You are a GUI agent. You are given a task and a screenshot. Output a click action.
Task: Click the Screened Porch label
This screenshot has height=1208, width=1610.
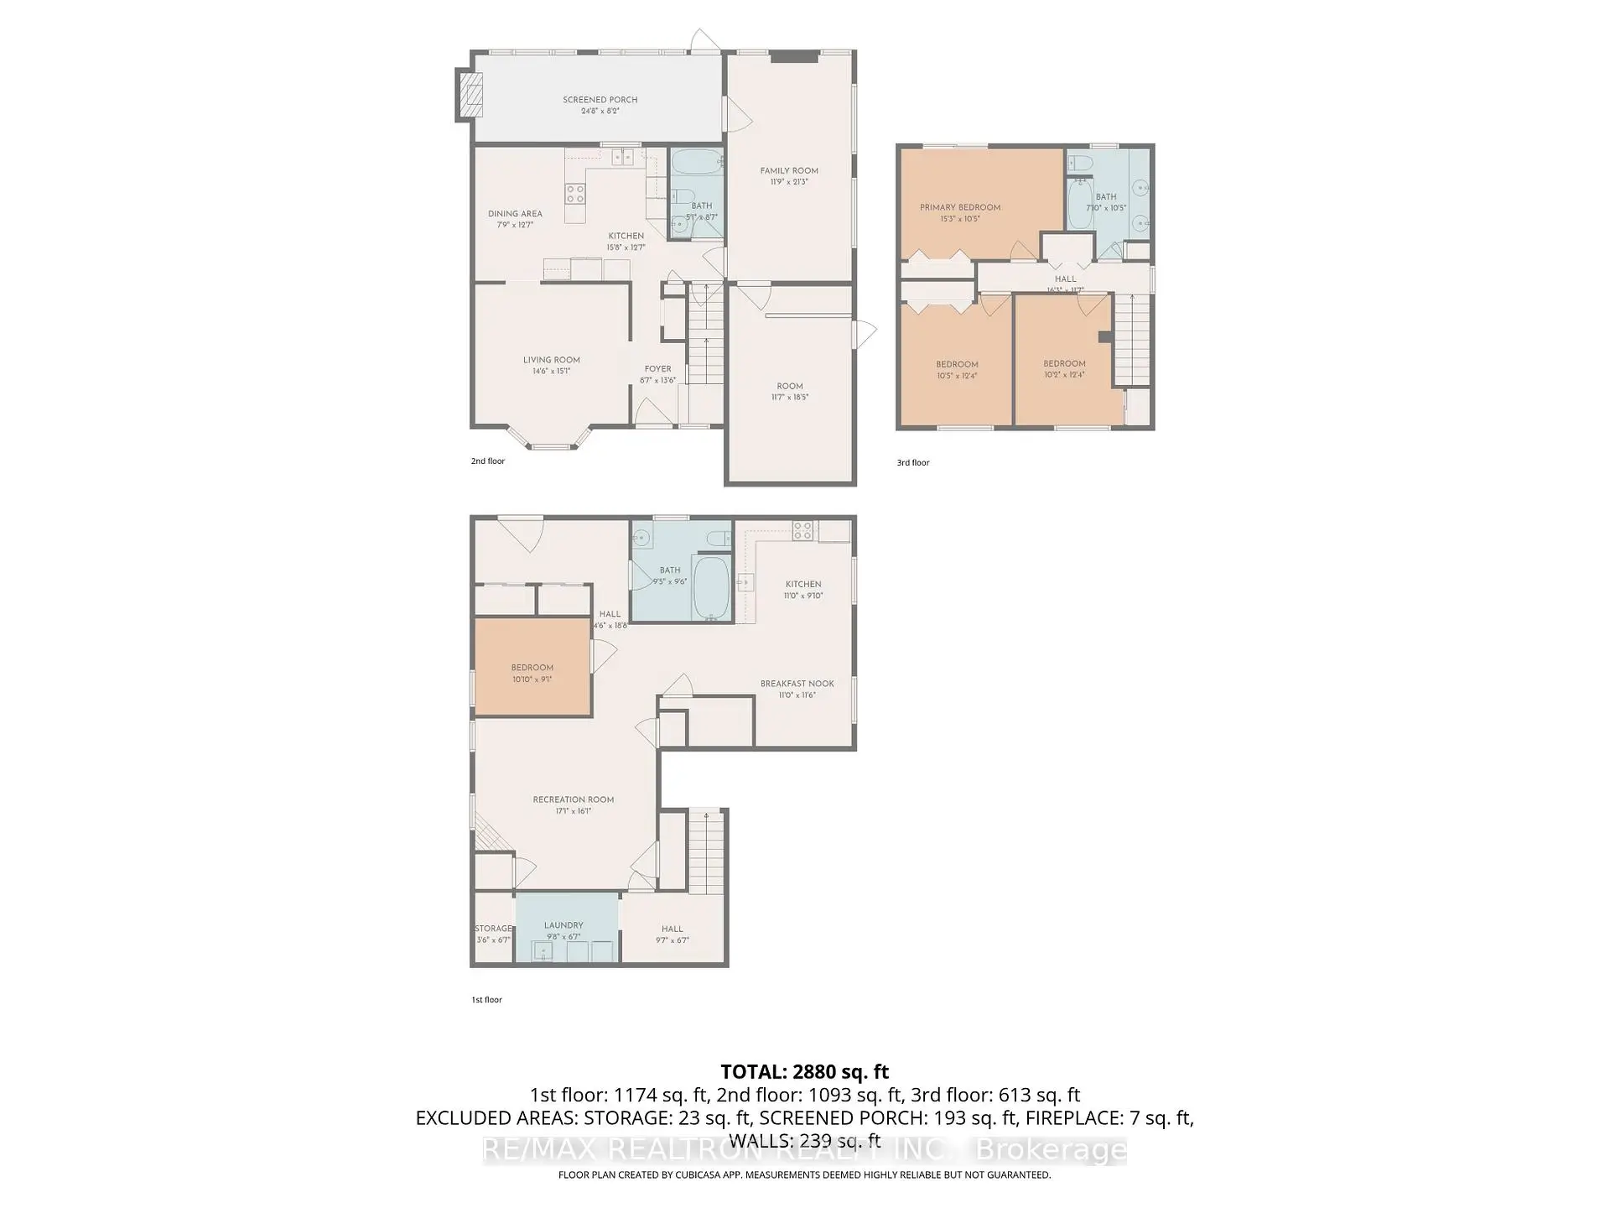[x=600, y=100]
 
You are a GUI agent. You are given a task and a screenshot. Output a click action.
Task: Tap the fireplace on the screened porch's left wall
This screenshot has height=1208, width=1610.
[x=470, y=95]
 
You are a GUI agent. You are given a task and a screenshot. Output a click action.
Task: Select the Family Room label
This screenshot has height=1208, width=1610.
[x=789, y=170]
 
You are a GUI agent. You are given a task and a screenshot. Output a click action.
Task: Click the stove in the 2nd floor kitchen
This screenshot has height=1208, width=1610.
[x=575, y=194]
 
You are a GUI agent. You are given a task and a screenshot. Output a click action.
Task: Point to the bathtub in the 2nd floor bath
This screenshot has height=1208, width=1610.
[x=696, y=161]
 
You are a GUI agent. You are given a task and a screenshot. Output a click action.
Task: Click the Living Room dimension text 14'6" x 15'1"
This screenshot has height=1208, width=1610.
[x=551, y=371]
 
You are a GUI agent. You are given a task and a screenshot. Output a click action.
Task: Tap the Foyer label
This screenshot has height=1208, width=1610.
[x=657, y=368]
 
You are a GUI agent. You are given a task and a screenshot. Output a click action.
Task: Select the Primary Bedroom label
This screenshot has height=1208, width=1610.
[x=960, y=207]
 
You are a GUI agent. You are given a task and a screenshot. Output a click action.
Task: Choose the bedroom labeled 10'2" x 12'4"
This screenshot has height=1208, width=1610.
[x=1064, y=369]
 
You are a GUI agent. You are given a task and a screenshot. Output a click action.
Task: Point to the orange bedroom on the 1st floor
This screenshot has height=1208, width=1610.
[x=532, y=668]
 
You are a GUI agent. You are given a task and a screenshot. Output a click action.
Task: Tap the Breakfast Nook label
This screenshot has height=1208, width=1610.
[x=797, y=684]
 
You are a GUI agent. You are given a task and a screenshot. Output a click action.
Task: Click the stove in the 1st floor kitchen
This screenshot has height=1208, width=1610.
[x=802, y=530]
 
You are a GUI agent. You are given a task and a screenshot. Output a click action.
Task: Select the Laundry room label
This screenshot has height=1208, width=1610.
[x=563, y=925]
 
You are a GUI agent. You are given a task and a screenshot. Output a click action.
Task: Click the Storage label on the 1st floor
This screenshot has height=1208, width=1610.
[x=493, y=929]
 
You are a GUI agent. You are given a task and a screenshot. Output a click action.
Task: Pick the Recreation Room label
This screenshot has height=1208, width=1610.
[x=574, y=799]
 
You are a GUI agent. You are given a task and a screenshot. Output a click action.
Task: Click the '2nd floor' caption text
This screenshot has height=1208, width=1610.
[x=488, y=461]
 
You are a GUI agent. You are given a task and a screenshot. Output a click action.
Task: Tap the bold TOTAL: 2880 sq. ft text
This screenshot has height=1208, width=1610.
[x=804, y=1071]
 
